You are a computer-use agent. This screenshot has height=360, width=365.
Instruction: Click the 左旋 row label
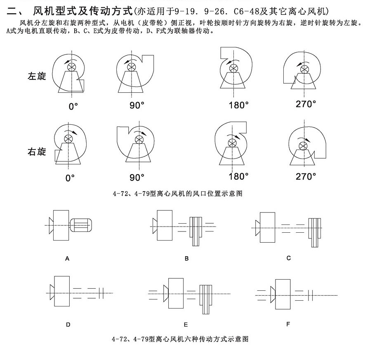click(x=37, y=77)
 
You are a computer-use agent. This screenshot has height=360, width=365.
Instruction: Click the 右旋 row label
click(x=37, y=152)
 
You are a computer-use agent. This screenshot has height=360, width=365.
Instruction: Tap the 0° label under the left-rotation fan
click(x=73, y=106)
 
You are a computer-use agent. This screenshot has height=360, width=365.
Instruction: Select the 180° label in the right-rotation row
click(x=239, y=176)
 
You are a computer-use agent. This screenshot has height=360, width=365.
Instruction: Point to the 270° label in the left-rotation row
click(x=306, y=103)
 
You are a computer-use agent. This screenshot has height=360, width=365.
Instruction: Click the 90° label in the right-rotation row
click(x=137, y=177)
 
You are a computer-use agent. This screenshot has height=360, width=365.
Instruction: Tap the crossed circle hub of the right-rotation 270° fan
click(x=303, y=145)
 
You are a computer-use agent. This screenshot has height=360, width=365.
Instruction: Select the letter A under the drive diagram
click(x=67, y=259)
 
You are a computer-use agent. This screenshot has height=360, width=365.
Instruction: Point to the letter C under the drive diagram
click(x=288, y=258)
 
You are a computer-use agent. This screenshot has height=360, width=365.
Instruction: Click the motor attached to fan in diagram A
click(x=81, y=225)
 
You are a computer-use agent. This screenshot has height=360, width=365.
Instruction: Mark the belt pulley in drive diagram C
click(x=316, y=232)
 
